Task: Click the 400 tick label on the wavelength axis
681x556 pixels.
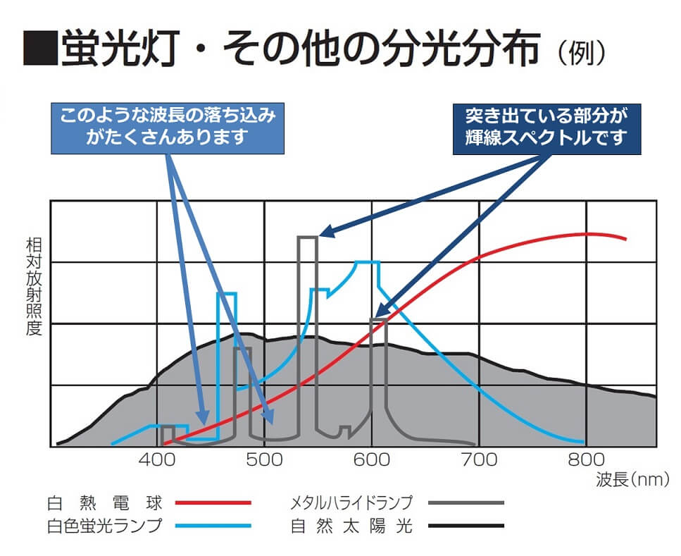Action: (x=156, y=461)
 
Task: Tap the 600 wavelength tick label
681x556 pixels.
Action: (x=371, y=461)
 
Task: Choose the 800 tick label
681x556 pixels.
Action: (x=586, y=461)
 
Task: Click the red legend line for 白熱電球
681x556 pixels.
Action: (x=213, y=503)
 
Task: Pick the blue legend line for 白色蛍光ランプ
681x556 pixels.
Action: (x=213, y=526)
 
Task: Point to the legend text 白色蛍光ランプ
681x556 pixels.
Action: (x=104, y=526)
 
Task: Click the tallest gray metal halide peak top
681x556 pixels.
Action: (x=307, y=237)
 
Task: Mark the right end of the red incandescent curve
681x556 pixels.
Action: (x=625, y=239)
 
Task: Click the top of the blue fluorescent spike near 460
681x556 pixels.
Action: (x=227, y=293)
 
